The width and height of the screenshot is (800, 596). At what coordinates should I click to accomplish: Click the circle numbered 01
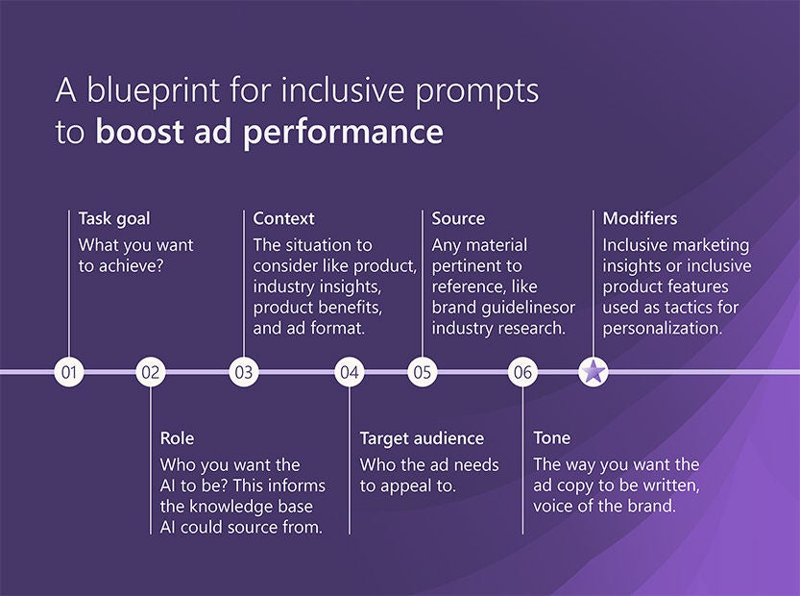[x=69, y=372]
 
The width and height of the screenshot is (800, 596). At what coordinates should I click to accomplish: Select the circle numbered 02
[x=151, y=372]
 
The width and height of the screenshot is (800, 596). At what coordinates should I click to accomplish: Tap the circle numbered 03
[x=244, y=372]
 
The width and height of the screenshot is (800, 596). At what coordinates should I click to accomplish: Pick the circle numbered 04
[x=350, y=372]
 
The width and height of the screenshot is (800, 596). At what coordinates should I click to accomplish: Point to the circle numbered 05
[x=423, y=372]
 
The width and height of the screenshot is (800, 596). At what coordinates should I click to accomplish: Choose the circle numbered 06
[x=523, y=372]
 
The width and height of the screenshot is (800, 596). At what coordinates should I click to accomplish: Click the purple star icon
[x=594, y=371]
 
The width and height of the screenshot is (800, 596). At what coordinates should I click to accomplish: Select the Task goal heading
[x=114, y=219]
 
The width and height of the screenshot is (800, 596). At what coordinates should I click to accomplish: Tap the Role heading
[x=177, y=438]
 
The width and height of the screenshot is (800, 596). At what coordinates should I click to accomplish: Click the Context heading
[x=283, y=218]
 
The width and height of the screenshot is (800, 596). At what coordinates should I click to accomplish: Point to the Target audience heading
[x=422, y=438]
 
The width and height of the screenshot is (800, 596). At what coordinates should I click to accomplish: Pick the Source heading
[x=458, y=218]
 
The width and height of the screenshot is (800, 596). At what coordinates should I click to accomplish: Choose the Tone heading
[x=552, y=437]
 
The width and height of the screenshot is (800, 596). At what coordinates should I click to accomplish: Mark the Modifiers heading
[x=640, y=218]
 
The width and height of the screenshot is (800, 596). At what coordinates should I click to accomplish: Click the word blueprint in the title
[x=153, y=91]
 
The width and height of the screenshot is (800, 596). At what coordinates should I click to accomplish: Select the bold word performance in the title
[x=343, y=133]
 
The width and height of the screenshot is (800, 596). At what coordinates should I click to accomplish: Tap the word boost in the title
[x=139, y=131]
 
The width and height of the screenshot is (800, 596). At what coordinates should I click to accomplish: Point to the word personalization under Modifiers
[x=663, y=329]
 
